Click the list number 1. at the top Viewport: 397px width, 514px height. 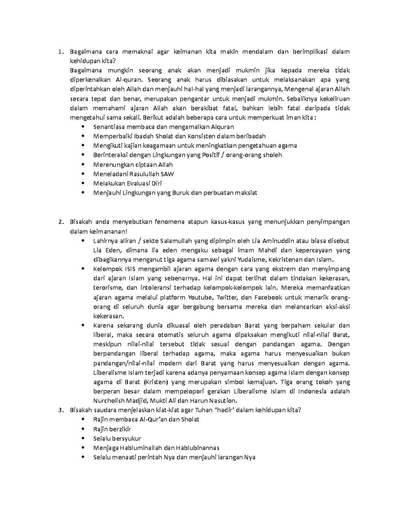(x=60, y=52)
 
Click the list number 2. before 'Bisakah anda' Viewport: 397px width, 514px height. (x=60, y=222)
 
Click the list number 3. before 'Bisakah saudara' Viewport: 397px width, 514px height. (x=60, y=410)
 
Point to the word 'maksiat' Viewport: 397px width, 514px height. (x=246, y=193)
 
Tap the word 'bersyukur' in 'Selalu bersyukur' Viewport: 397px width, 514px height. (x=127, y=439)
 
